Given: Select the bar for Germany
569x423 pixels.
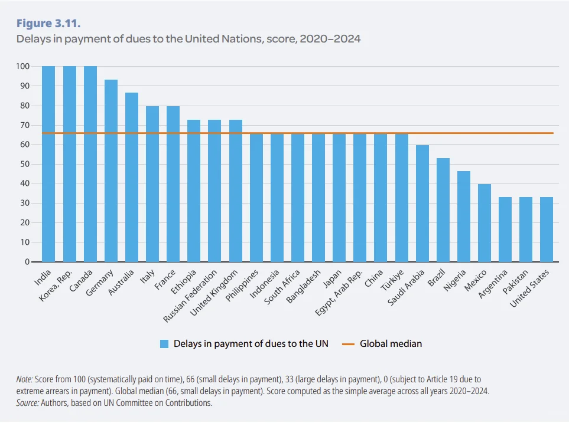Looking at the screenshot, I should [x=111, y=170].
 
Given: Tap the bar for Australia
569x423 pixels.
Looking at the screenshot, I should [x=132, y=177].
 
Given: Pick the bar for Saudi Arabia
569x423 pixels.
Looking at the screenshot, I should [x=422, y=204].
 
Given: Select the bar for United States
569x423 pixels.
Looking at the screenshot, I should [x=547, y=229].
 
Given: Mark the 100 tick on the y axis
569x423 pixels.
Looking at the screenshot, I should [x=22, y=67].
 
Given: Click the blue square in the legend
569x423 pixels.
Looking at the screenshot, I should [x=164, y=343].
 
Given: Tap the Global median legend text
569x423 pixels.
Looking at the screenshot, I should [x=391, y=343].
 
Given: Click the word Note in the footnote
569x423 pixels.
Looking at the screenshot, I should [x=25, y=379].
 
